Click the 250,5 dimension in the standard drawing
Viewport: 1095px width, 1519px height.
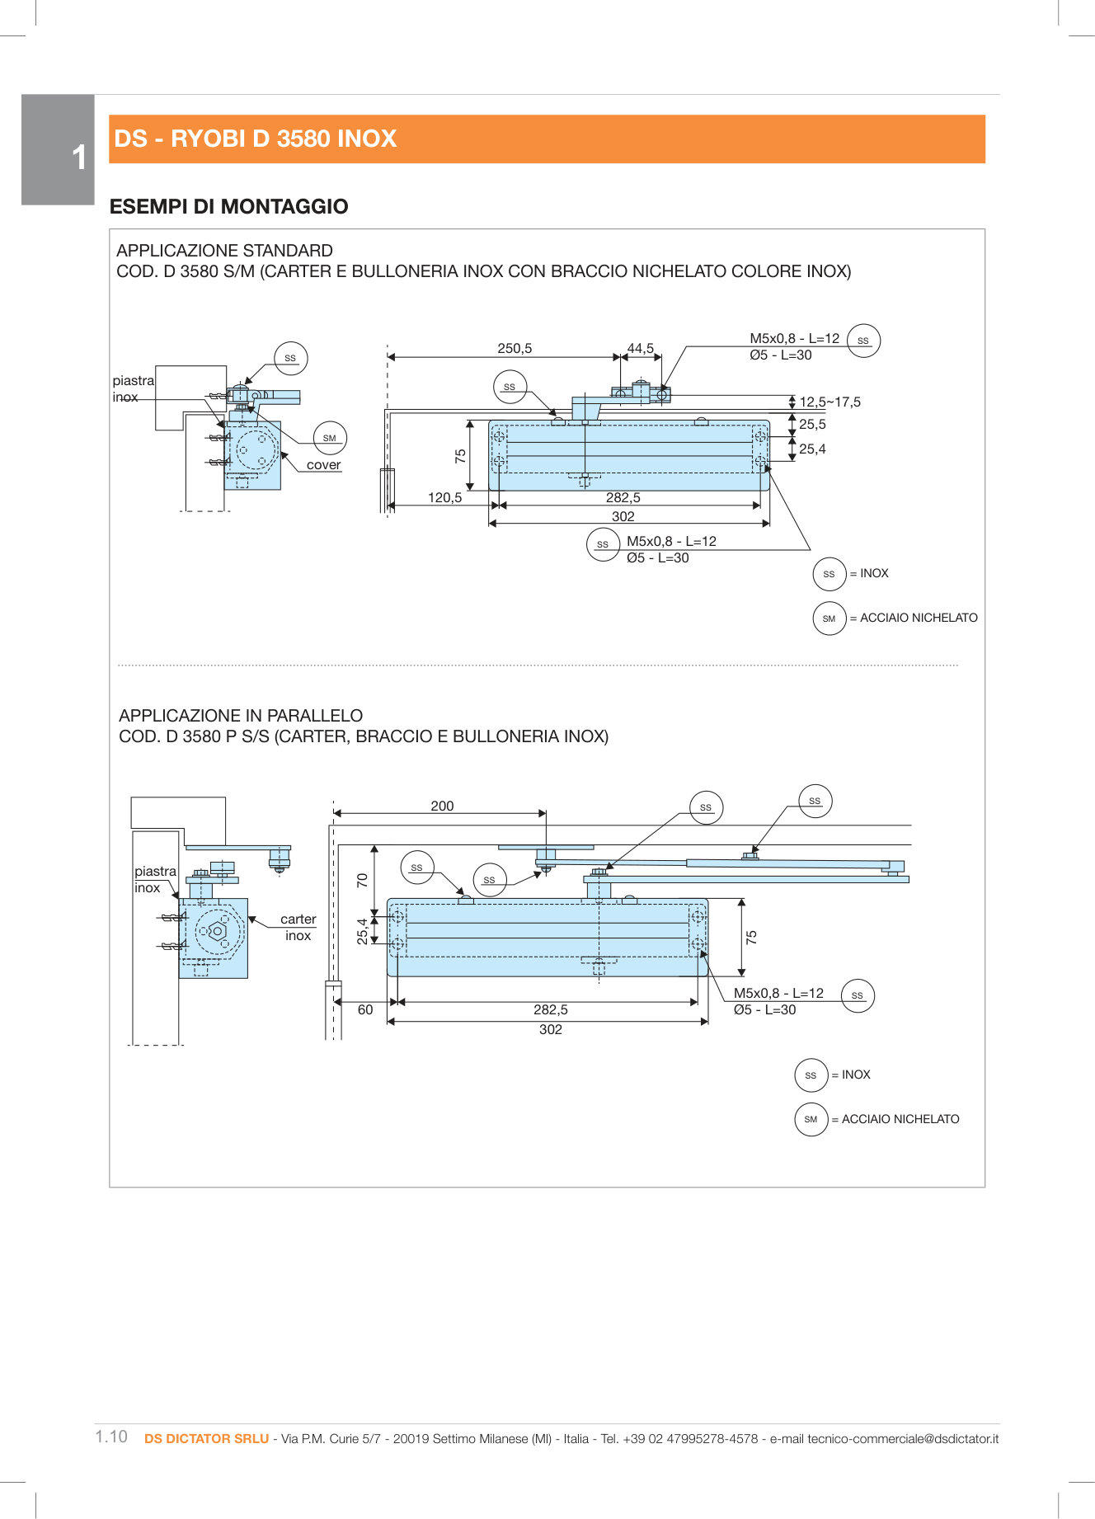pyautogui.click(x=515, y=348)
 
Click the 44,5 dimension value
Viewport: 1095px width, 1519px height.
pyautogui.click(x=641, y=348)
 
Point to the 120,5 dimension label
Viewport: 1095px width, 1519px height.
pyautogui.click(x=444, y=497)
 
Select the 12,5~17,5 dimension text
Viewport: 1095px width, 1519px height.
pyautogui.click(x=829, y=402)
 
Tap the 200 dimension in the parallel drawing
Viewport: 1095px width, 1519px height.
pyautogui.click(x=442, y=806)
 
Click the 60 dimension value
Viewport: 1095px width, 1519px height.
pyautogui.click(x=365, y=1009)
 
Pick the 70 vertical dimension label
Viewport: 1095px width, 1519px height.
pyautogui.click(x=362, y=880)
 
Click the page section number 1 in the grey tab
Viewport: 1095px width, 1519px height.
pyautogui.click(x=79, y=158)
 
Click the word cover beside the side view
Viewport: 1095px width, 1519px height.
pyautogui.click(x=323, y=464)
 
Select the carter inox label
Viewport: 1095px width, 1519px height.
pyautogui.click(x=298, y=927)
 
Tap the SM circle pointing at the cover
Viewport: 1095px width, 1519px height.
pyautogui.click(x=330, y=438)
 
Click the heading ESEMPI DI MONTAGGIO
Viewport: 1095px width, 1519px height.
pyautogui.click(x=228, y=206)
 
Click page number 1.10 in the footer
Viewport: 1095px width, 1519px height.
pyautogui.click(x=111, y=1437)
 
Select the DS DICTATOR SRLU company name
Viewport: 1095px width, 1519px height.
pyautogui.click(x=206, y=1438)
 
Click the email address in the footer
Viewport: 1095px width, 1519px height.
pyautogui.click(x=903, y=1438)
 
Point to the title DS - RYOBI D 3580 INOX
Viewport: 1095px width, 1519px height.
pyautogui.click(x=256, y=139)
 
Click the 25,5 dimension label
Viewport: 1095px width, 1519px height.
pyautogui.click(x=812, y=424)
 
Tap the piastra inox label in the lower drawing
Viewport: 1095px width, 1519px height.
pyautogui.click(x=155, y=879)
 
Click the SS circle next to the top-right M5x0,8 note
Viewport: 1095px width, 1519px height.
pyautogui.click(x=863, y=340)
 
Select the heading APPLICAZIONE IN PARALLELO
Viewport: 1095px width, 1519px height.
pyautogui.click(x=241, y=715)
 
